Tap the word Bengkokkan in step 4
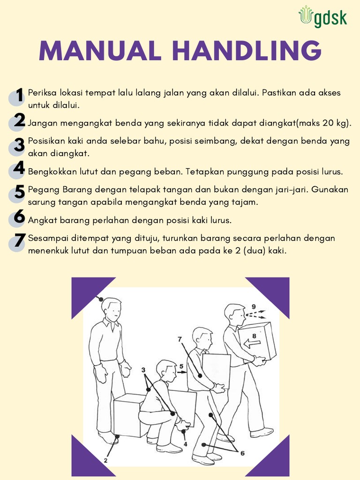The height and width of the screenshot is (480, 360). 49,172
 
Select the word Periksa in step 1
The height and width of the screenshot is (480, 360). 41,93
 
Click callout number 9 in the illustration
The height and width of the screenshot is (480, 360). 254,307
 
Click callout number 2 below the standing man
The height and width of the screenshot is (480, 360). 105,460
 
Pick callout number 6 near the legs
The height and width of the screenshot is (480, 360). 242,453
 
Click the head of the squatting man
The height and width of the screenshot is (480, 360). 166,370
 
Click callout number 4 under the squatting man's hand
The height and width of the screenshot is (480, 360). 185,444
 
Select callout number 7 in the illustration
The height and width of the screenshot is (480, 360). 179,338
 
